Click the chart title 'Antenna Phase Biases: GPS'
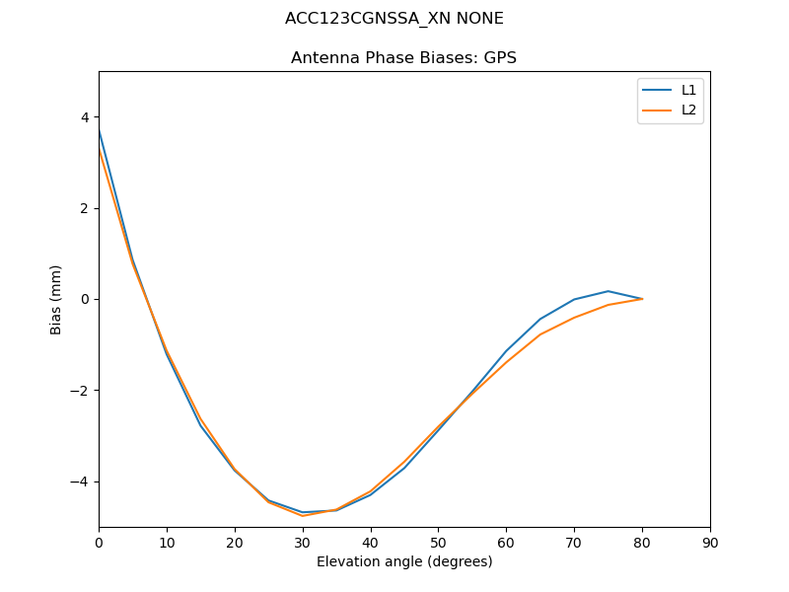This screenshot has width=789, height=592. coord(403,58)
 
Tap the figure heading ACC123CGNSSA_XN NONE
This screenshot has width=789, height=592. coord(394,19)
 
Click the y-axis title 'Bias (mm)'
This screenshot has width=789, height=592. coord(56,299)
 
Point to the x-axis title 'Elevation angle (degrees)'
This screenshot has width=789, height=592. coord(404,561)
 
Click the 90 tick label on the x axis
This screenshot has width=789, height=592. coord(710,542)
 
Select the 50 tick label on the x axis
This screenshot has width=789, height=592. coord(438,542)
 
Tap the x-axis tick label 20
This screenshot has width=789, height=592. coord(235,542)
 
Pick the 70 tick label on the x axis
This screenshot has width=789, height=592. coord(574,542)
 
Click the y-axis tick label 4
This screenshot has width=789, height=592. coord(85,117)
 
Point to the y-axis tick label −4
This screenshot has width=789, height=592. coord(81,481)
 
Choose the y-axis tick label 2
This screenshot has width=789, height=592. coord(85,208)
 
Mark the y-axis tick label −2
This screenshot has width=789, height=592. coord(81,391)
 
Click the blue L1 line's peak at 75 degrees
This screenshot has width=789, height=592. coord(609,291)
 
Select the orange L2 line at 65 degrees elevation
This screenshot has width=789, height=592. coord(540,334)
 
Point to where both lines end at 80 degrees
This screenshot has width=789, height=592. coord(642,299)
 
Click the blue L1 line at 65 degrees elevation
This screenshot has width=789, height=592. coord(540,319)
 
